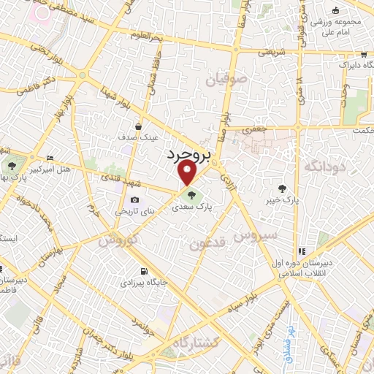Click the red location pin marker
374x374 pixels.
[188, 174]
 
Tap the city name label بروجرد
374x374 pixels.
[189, 153]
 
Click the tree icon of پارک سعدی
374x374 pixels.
[191, 195]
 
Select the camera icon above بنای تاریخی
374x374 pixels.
[134, 200]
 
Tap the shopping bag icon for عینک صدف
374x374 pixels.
[138, 126]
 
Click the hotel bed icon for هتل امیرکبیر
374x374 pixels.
[50, 158]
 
